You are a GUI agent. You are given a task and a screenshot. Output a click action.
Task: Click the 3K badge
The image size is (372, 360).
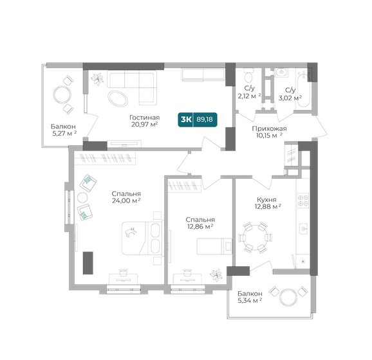click(186, 120)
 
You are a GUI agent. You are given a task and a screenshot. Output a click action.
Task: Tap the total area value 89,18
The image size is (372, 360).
click(205, 120)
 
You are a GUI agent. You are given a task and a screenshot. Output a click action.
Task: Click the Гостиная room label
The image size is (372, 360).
click(144, 118)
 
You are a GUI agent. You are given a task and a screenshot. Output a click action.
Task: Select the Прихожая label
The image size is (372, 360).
click(269, 129)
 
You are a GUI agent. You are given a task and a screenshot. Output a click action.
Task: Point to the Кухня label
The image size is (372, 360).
click(266, 200)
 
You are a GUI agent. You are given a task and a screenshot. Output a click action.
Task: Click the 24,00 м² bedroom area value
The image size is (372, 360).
click(126, 201)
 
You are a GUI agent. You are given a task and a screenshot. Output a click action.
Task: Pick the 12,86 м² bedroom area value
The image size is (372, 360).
click(200, 226)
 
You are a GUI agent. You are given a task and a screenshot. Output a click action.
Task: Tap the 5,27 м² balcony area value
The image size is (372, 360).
click(64, 134)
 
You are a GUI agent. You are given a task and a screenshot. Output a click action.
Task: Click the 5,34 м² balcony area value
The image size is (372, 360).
click(250, 301)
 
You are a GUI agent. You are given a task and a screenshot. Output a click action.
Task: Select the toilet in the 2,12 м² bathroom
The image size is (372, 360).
click(248, 75)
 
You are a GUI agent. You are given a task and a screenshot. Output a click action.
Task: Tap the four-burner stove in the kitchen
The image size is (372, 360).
click(303, 201)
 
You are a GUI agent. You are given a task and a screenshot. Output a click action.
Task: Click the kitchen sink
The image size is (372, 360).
click(304, 228)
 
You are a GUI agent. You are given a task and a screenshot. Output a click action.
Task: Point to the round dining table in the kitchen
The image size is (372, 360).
click(256, 237)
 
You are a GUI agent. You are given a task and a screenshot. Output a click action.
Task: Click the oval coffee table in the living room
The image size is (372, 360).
click(118, 98)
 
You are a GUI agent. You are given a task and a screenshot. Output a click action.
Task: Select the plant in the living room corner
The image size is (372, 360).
click(98, 78)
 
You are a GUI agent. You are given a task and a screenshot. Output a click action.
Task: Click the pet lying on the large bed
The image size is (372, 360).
click(131, 231)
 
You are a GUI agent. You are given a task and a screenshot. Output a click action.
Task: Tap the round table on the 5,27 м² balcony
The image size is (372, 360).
click(62, 95)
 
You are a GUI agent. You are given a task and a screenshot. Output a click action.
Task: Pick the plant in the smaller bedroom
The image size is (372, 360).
click(216, 275)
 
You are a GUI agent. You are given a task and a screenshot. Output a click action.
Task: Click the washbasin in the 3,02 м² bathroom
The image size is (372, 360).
click(281, 72)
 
